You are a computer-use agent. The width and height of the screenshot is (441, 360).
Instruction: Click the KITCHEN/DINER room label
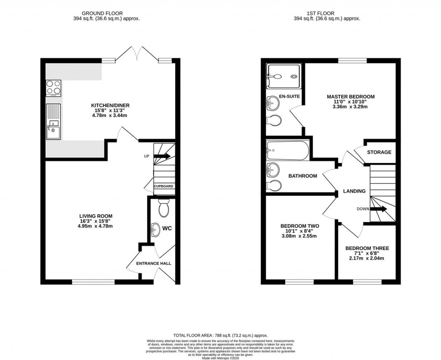(110, 105)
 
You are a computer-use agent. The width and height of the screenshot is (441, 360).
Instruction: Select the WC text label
(167, 228)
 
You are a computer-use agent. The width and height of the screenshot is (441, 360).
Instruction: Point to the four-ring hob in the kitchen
(53, 88)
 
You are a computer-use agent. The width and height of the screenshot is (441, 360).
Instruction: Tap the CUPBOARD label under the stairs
(164, 186)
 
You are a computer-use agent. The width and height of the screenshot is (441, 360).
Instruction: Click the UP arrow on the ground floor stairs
(162, 156)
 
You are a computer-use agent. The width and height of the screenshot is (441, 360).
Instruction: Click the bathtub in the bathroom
(288, 151)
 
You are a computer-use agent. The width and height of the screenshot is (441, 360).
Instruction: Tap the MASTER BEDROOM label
(351, 97)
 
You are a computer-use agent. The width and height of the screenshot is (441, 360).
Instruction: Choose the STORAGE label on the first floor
(379, 152)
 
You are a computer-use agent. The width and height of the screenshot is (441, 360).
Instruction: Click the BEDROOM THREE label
(367, 248)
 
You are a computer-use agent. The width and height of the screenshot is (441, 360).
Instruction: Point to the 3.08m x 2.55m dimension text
(299, 236)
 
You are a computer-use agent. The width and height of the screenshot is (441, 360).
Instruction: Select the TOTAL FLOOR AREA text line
(220, 335)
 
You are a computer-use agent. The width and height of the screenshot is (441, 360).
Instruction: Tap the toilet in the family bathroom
(274, 185)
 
